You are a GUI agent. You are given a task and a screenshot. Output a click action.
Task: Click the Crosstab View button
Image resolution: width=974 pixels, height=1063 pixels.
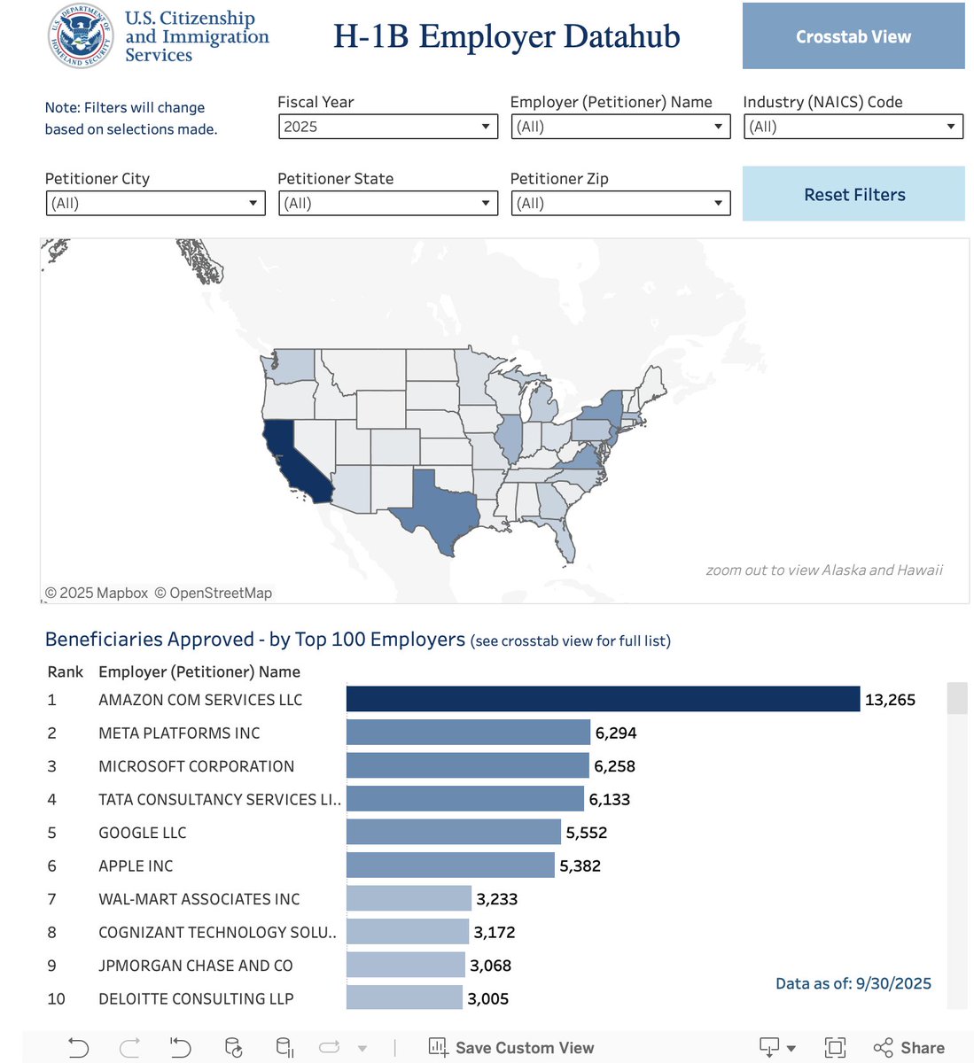pos(853,36)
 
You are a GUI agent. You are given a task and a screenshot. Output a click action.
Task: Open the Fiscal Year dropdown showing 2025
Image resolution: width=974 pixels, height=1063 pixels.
pos(387,127)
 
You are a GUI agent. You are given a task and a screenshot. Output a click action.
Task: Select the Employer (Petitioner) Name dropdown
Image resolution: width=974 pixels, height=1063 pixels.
pos(619,127)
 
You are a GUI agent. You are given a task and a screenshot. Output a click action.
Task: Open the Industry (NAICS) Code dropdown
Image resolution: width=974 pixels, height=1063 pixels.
pos(853,127)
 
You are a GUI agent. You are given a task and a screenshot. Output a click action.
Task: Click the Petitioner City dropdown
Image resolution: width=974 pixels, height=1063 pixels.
pos(155,204)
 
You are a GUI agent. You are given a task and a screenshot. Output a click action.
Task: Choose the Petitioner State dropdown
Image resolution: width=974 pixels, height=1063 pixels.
pos(387,204)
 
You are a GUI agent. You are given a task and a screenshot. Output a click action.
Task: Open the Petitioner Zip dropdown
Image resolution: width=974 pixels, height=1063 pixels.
pos(619,204)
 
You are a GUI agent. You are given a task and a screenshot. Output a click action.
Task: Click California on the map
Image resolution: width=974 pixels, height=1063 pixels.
pos(292,461)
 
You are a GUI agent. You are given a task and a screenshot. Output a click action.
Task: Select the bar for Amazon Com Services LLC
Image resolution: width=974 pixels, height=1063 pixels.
pos(603,699)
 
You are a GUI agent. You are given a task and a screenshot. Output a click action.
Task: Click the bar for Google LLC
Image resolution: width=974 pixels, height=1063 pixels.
pos(453,832)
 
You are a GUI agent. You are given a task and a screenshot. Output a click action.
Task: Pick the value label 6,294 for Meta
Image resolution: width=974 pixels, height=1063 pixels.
pos(616,733)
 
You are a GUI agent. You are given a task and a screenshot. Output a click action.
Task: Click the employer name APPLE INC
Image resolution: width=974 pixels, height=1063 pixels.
pos(136,865)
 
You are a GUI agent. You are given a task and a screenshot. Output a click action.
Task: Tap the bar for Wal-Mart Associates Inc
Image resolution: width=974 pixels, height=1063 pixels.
pos(409,898)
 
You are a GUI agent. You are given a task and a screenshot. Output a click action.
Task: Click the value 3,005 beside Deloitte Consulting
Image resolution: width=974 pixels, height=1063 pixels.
pos(488,998)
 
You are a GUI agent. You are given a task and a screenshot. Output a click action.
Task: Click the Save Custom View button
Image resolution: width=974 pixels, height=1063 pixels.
pos(511,1048)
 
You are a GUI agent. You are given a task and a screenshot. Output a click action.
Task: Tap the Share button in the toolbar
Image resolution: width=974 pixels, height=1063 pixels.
pos(909,1048)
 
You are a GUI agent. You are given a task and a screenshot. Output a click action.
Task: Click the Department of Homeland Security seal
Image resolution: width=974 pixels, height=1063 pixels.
pos(81,36)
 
